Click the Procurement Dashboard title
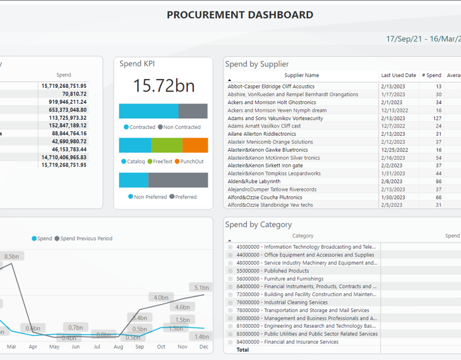click(x=240, y=15)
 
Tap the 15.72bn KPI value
click(x=164, y=86)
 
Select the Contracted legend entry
click(x=140, y=127)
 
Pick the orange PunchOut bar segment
click(x=195, y=145)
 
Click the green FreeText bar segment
click(x=166, y=145)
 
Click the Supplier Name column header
click(x=302, y=75)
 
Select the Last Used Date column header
click(x=398, y=75)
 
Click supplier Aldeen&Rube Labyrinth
click(x=254, y=181)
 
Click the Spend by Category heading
click(x=258, y=224)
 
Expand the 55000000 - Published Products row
click(x=230, y=271)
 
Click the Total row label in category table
click(x=242, y=350)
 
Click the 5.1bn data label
click(x=201, y=287)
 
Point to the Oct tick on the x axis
click(x=161, y=347)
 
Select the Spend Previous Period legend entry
click(x=87, y=239)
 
